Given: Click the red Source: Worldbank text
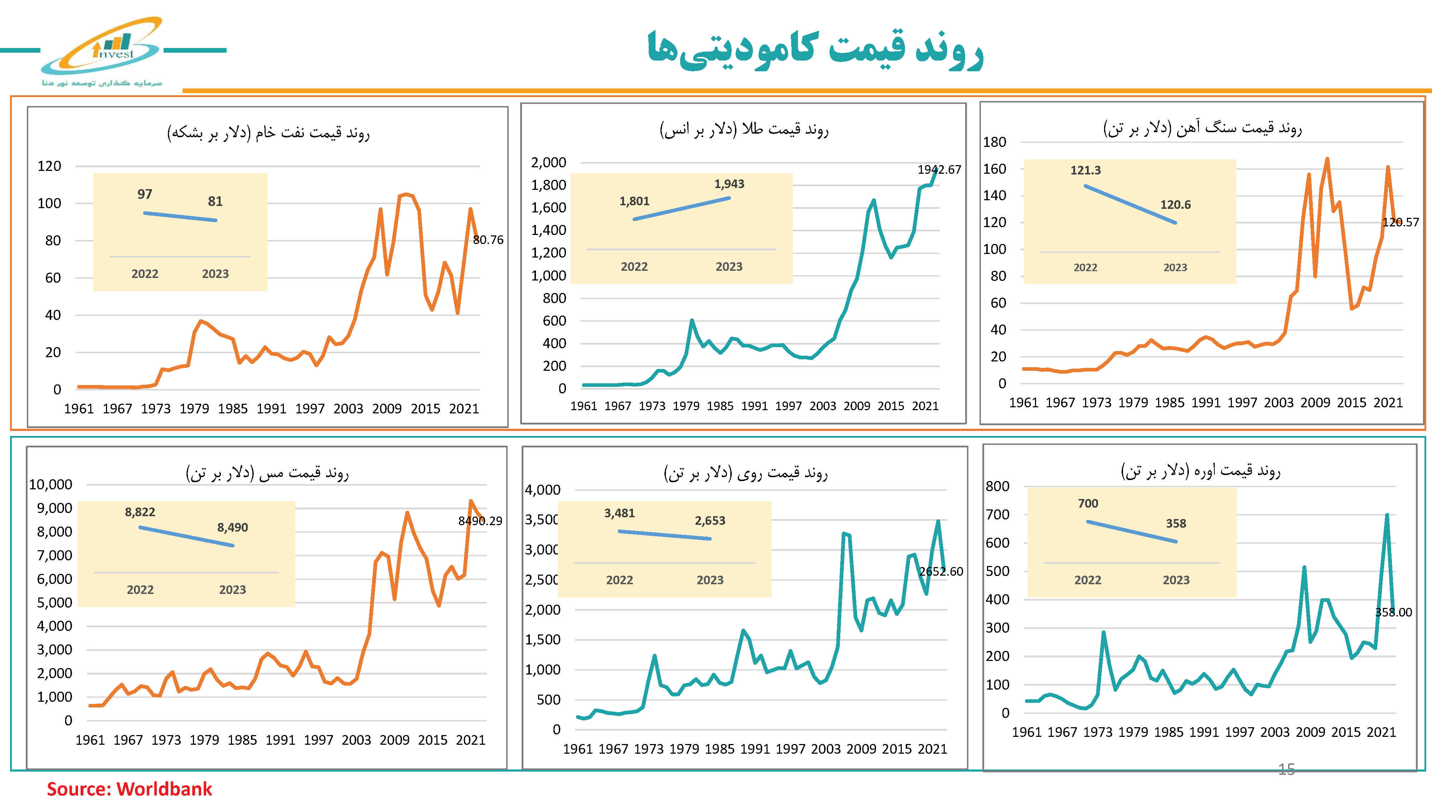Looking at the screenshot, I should coord(129,789).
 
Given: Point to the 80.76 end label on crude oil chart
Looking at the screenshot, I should coord(488,240).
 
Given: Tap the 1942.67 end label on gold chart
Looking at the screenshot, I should coord(939,170).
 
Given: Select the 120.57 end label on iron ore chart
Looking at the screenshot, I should coord(1400,222).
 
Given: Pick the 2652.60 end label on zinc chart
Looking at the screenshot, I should coord(940,571).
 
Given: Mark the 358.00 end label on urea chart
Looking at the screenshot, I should coord(1393,613).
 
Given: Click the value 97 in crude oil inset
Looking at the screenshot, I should coord(145,194).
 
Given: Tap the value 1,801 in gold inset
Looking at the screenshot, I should coord(634,201).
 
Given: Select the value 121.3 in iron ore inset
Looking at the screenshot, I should coord(1085,170).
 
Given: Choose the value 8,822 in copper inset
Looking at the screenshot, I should coord(140,512).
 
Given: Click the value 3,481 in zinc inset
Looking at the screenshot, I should coord(619,513).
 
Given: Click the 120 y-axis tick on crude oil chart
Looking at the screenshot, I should coord(49,166).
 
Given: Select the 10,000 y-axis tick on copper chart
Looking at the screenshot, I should coord(50,484).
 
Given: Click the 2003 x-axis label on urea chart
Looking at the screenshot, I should coord(1275,732).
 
